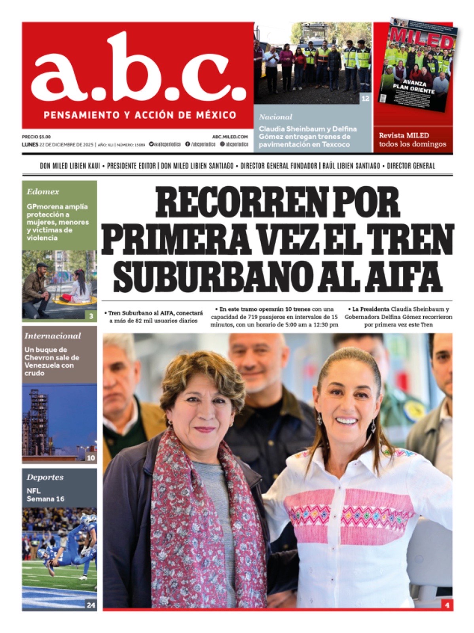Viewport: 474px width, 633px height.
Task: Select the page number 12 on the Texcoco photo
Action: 365,99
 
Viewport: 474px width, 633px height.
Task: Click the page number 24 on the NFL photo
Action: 91,605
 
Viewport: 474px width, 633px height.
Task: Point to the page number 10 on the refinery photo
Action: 91,458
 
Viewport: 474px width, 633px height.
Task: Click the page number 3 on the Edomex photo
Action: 91,316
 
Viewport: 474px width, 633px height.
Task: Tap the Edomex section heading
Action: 43,192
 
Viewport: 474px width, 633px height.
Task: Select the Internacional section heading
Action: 52,336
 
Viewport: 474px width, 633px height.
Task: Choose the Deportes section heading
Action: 45,477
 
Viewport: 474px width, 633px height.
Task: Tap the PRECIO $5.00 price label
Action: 36,136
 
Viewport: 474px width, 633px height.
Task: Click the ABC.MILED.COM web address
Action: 230,136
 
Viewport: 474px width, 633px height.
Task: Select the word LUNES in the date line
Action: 30,144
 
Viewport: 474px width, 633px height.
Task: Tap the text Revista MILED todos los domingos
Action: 412,140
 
